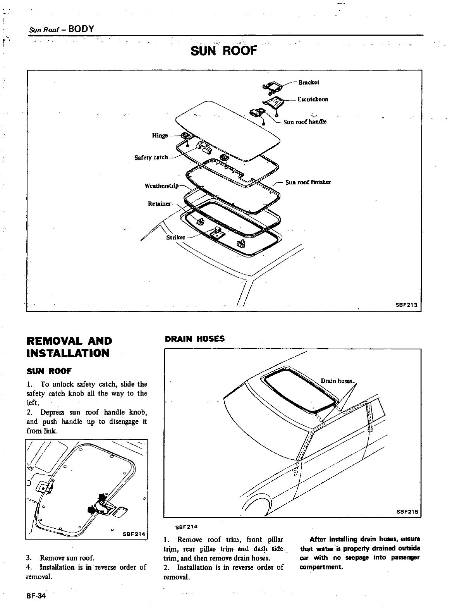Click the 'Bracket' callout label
(309, 83)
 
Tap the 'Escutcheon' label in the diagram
(313, 99)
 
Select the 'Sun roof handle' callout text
(305, 122)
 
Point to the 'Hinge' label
(160, 135)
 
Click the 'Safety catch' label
(151, 157)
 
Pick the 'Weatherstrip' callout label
(161, 186)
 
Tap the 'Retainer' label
(159, 204)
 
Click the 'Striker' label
(175, 237)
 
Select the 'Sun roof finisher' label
(308, 182)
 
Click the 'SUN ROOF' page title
(224, 51)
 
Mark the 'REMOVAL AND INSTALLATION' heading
(69, 347)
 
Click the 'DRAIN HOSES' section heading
(195, 339)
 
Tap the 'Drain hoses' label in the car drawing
(336, 381)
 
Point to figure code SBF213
(406, 305)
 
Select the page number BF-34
(36, 596)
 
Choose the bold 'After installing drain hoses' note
(360, 553)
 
